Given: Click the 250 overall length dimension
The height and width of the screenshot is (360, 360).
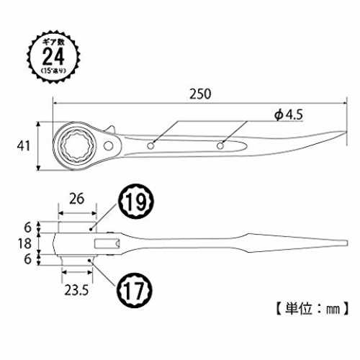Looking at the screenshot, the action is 200,94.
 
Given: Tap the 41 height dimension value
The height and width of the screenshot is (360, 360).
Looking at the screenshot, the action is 24,146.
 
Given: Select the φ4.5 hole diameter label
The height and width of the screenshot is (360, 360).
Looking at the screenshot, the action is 289,115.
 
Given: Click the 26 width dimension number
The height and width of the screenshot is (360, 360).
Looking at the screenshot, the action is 77,199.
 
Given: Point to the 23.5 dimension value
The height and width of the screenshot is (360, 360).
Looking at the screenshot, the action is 76,290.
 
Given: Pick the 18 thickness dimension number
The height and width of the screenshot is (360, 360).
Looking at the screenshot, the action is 24,243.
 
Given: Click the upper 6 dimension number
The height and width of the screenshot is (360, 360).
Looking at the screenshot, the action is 28,227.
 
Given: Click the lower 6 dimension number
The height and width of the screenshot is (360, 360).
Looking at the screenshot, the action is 28,259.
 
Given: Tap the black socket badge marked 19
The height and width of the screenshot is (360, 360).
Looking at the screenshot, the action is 135,201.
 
